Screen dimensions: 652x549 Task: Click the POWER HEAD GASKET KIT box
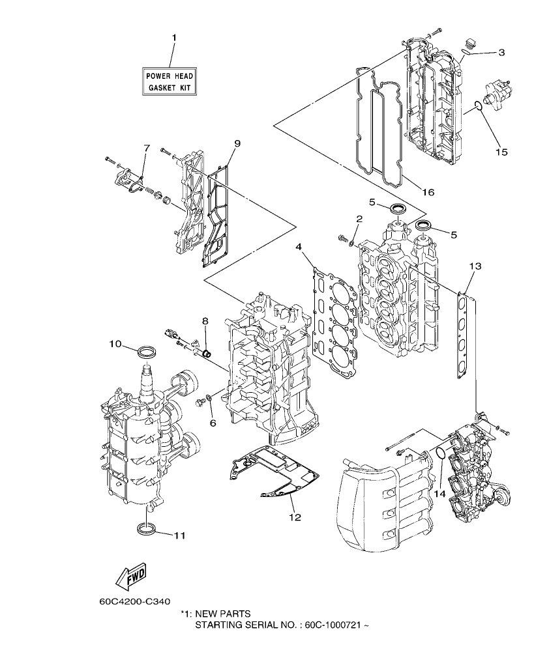coord(170,81)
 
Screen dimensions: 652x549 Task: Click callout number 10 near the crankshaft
coord(115,343)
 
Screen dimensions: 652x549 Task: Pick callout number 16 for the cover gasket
coord(428,192)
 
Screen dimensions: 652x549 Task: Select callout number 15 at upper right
coord(501,152)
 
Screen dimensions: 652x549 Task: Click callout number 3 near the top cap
coord(501,53)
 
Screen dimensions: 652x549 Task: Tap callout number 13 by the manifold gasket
coord(475,266)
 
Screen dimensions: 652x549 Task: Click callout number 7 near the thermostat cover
coord(147,149)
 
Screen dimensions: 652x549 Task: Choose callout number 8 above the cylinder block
coord(205,320)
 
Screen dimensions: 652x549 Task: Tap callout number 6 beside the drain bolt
coord(213,423)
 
